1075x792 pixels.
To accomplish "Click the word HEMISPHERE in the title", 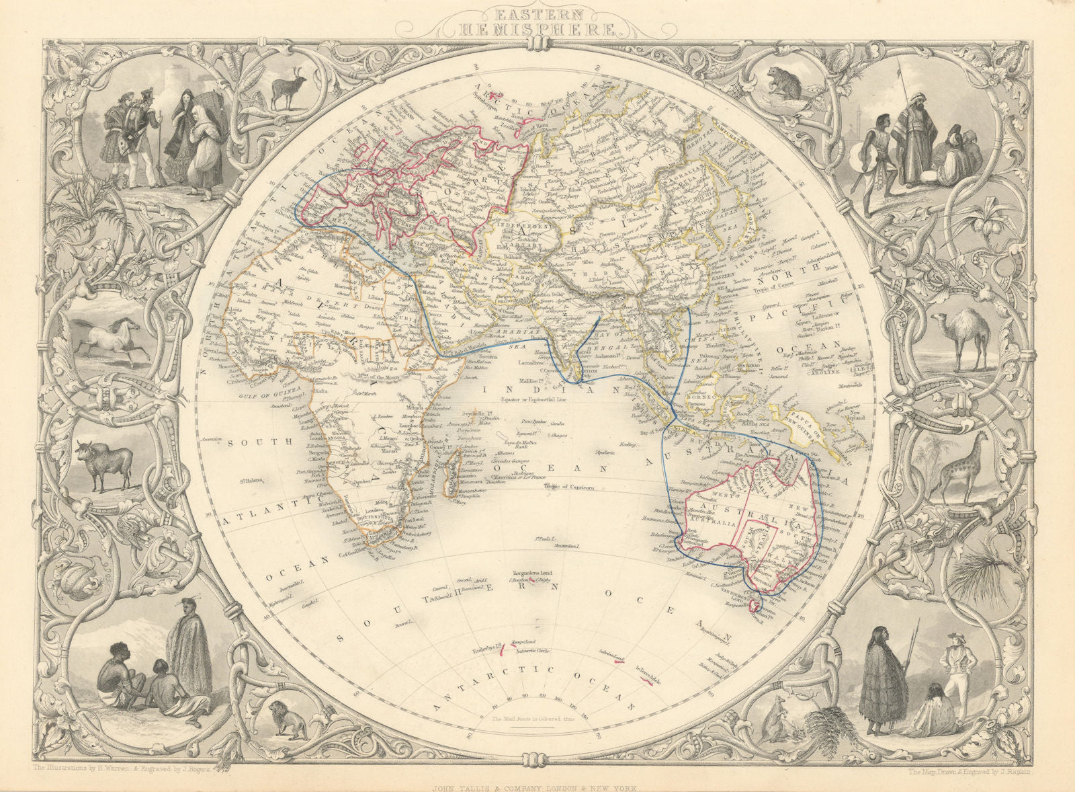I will coord(537,28).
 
